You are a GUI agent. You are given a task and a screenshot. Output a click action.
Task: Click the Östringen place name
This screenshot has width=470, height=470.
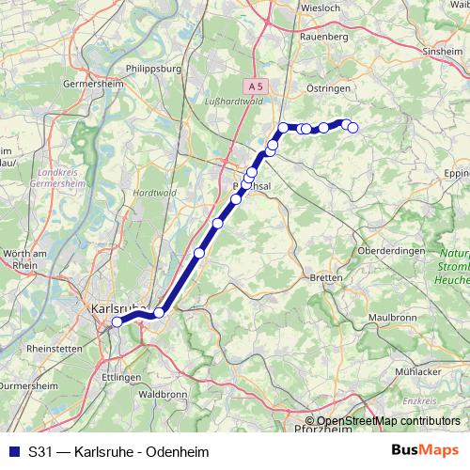click(329, 87)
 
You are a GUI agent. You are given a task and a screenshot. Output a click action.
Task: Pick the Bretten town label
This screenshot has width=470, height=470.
click(325, 279)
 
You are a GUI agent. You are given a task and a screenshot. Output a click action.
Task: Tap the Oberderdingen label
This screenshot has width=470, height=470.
click(392, 252)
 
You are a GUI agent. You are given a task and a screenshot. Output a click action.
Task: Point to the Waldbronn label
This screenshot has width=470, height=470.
click(163, 396)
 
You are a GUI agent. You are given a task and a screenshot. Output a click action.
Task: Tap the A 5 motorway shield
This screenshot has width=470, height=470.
click(258, 85)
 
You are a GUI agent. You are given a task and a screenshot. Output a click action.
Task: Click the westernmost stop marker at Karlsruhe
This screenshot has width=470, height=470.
click(117, 321)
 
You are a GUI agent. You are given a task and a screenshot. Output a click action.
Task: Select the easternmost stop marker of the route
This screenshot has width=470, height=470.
click(352, 127)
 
